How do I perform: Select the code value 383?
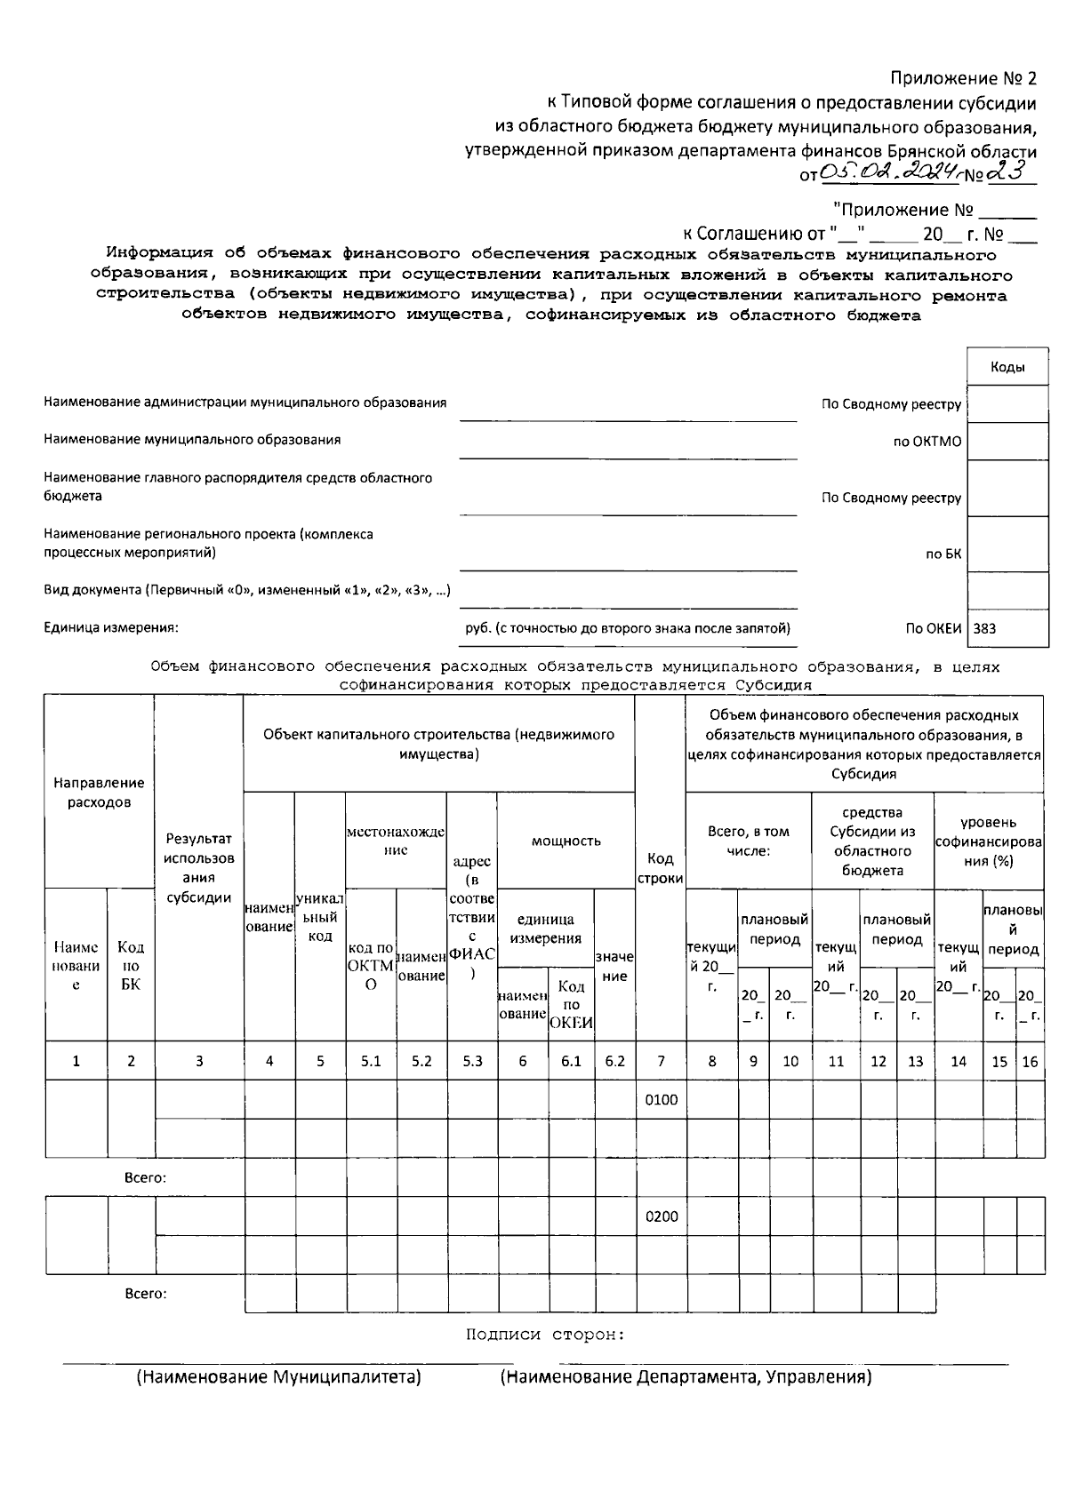coord(985,628)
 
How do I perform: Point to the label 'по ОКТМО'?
coord(927,442)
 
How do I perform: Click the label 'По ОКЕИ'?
coord(933,628)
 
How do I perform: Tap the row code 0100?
coord(661,1099)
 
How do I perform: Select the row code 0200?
coord(661,1216)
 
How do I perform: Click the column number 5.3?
coord(472,1061)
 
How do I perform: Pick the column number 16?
coord(1030,1061)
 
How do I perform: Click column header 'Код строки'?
coord(660,868)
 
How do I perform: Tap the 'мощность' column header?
coord(566,841)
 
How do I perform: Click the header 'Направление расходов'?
coord(99,792)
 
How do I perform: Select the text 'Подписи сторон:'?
coord(545,1335)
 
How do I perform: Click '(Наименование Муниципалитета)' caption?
coord(277,1377)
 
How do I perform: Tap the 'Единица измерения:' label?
coord(111,628)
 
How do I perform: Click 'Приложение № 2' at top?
coord(964,79)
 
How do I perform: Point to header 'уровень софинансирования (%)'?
coord(988,841)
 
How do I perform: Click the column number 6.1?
coord(571,1061)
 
